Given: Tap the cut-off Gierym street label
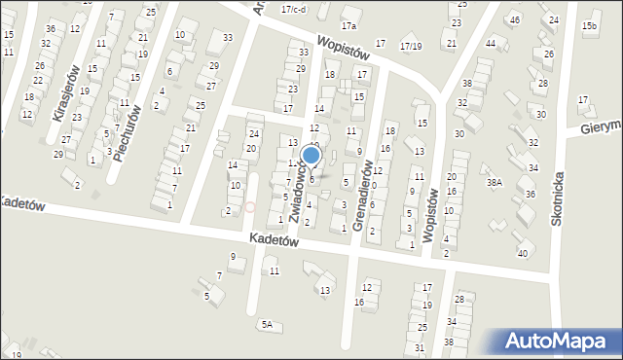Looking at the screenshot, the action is point(601,127).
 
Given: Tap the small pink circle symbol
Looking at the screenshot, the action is point(249,206).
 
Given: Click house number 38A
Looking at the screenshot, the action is point(495,182).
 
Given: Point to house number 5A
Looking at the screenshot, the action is point(266,324).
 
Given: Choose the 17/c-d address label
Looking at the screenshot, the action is point(293,9).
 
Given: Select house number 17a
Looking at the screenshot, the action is point(348,25).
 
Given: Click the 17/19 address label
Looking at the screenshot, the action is point(411,46).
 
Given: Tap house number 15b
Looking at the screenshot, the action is point(589,25).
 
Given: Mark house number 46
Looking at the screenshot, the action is point(515,19).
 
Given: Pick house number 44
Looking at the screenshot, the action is point(491,44).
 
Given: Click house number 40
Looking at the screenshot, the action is point(523,253).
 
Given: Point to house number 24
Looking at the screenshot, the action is point(253,133).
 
